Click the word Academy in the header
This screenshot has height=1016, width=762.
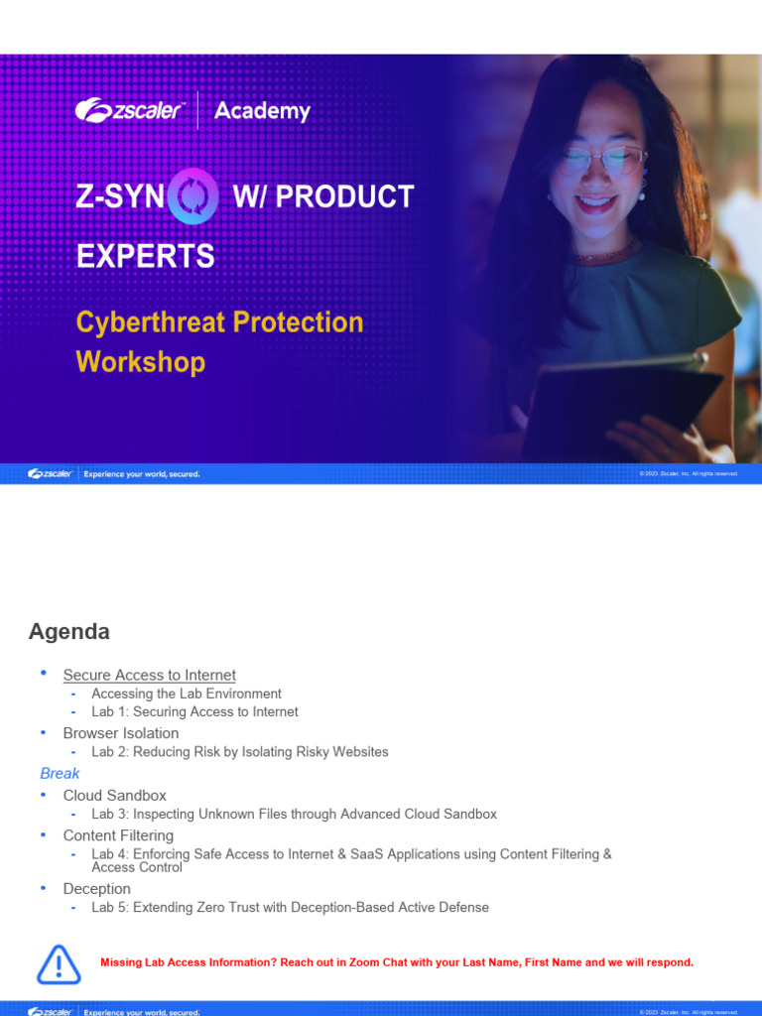[x=262, y=111]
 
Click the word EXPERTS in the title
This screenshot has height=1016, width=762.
[x=145, y=256]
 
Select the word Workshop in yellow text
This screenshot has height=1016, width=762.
[x=140, y=361]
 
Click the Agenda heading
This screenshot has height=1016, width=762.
[x=68, y=632]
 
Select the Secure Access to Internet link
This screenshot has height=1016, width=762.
[x=149, y=675]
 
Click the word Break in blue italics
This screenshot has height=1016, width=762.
[x=60, y=773]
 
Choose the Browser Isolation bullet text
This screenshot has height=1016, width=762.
[x=121, y=733]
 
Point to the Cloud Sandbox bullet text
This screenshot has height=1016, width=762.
[x=114, y=796]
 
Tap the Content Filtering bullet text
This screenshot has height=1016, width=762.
[x=118, y=835]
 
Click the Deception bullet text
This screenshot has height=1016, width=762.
[x=96, y=889]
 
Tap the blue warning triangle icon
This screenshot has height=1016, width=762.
[x=59, y=964]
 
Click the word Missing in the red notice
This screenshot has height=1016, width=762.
[x=122, y=962]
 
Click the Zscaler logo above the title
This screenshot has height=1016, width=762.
[x=129, y=110]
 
